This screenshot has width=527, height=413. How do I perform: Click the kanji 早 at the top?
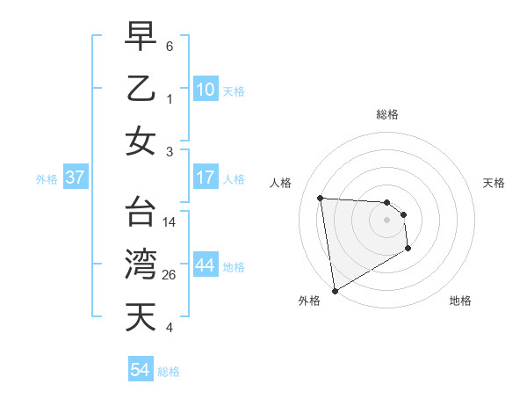[140, 36]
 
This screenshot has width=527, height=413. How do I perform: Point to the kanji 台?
[140, 212]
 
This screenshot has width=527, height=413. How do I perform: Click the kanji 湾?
[140, 264]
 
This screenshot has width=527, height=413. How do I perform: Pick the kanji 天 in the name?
[140, 316]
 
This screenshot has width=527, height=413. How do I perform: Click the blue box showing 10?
[206, 89]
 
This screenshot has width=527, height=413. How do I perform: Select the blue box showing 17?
[206, 178]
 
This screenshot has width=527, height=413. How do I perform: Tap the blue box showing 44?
[206, 265]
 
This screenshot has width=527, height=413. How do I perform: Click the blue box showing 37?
[76, 178]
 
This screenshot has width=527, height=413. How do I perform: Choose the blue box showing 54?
[141, 370]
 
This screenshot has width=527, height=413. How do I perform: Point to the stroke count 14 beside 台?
[170, 222]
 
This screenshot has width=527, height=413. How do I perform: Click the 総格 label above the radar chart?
[386, 114]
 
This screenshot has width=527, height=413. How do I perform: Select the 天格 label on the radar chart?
[494, 183]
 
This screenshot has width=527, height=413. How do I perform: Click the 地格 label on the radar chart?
[460, 301]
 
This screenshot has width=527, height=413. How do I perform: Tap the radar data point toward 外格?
[335, 291]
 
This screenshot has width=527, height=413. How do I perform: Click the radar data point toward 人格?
[321, 198]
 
